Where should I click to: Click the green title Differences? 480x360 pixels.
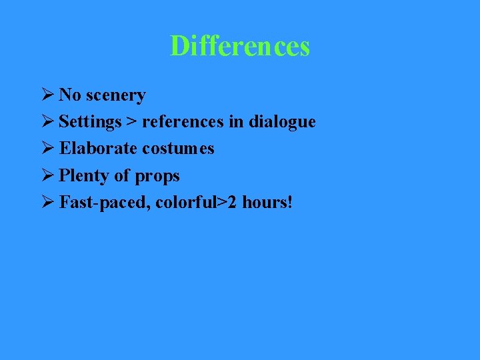pos(240,47)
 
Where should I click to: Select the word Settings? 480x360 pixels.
pos(90,123)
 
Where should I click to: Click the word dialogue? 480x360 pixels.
pos(283,123)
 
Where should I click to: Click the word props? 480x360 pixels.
pos(157,177)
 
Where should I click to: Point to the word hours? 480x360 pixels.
pos(267,202)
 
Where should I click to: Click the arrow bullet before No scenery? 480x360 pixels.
pos(47,95)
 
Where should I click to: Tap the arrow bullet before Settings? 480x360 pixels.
pos(47,122)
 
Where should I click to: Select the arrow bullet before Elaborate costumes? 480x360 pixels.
pos(47,148)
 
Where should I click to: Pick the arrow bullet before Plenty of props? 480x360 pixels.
pos(47,175)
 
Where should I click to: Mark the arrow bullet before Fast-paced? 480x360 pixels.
pos(47,202)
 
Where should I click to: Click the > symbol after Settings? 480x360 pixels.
pos(132,123)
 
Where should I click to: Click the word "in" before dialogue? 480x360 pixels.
pos(240,122)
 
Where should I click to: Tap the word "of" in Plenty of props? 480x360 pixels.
pos(121,175)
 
